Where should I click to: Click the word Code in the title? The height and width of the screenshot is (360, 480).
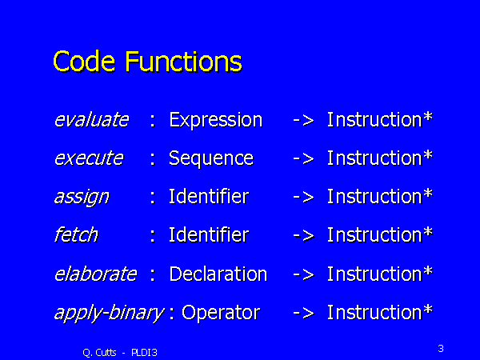coord(84,62)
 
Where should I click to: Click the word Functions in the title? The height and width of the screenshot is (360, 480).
coord(184,62)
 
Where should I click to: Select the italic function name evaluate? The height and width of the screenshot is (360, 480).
coord(91,119)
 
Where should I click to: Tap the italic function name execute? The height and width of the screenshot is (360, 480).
coord(89,158)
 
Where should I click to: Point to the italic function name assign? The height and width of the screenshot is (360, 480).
coord(82,198)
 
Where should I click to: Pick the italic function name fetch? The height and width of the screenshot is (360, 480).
coord(76,234)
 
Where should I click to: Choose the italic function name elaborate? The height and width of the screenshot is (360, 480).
coord(95,274)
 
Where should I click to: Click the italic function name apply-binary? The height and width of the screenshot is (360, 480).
coord(109,313)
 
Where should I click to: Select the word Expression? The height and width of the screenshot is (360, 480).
coord(216,120)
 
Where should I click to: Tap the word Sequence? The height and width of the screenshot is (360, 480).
coord(211,158)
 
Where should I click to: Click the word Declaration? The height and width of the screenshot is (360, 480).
coord(218,274)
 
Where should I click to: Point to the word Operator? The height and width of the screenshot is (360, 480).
coord(221,313)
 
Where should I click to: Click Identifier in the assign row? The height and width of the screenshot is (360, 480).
coord(209,196)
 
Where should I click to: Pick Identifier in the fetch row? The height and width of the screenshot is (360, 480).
coord(209,234)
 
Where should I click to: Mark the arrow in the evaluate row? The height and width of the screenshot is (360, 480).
coord(303,120)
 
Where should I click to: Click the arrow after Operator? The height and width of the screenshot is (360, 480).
coord(303,313)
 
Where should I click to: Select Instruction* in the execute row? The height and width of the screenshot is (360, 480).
coord(379,158)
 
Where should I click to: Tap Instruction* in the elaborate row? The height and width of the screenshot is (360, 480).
coord(379,274)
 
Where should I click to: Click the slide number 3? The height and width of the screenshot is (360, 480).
coord(441,348)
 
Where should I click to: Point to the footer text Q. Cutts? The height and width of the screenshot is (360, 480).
coord(99,353)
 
